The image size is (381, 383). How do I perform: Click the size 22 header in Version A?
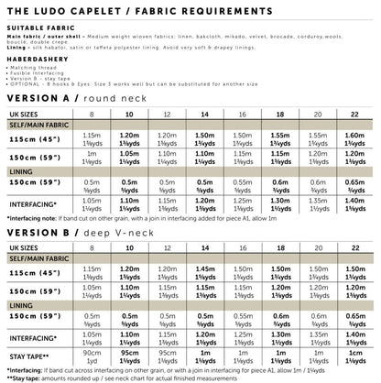tap(354, 115)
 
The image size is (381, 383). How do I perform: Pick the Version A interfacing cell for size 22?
tap(354, 203)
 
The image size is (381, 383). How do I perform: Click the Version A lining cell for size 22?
tap(354, 184)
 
